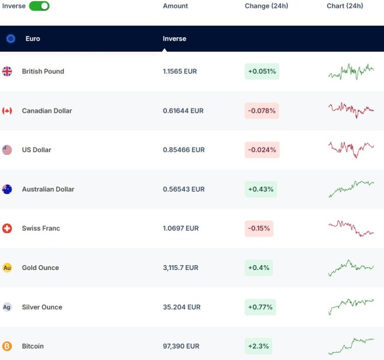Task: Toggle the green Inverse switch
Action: point(39,6)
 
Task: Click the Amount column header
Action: point(175,6)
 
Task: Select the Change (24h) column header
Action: point(266,6)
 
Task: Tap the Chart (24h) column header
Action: point(345,6)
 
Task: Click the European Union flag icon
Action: point(11,38)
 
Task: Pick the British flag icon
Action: point(7,71)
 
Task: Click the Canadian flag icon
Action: point(7,110)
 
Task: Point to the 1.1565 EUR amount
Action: point(180,71)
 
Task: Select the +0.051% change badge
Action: point(262,71)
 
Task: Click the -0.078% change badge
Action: point(262,110)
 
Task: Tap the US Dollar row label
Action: point(37,150)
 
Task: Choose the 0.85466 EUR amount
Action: point(184,150)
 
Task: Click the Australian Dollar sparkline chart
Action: point(351,189)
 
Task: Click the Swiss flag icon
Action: point(7,229)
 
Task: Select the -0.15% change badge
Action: point(259,229)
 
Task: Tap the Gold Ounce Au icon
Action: point(7,268)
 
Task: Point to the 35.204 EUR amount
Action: point(182,307)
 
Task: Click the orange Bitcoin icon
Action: point(7,346)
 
